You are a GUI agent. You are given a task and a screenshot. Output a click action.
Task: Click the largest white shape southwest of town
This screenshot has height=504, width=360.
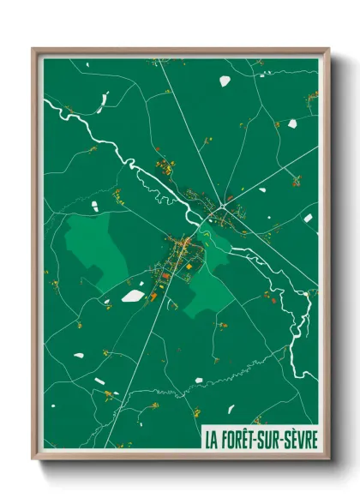click(132, 296)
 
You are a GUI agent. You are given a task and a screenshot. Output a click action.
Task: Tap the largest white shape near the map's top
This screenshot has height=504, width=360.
click(225, 81)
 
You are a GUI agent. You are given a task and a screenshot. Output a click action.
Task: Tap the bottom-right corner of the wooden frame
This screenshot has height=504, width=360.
click(328, 459)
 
